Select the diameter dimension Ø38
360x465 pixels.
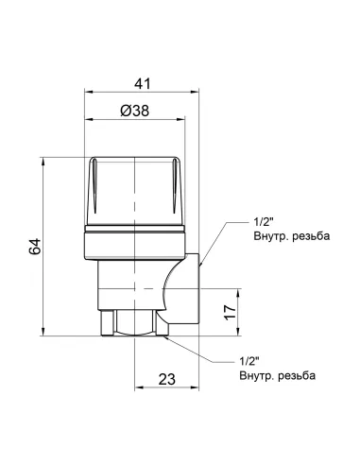138,111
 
